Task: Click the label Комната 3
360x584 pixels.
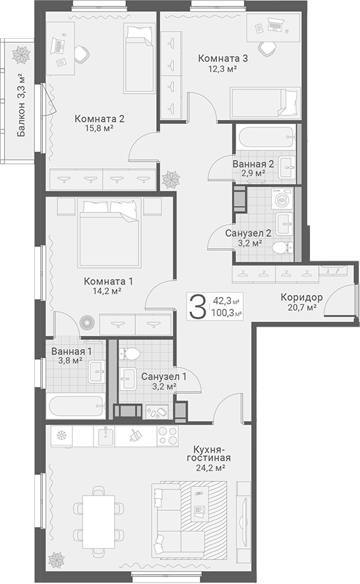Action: pyautogui.click(x=223, y=59)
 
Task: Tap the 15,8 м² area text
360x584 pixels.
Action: pyautogui.click(x=99, y=128)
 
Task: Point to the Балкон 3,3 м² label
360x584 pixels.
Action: pyautogui.click(x=22, y=106)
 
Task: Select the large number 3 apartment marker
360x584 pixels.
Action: pyautogui.click(x=197, y=306)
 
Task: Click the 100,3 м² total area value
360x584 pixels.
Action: pyautogui.click(x=226, y=313)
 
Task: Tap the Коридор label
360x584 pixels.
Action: pyautogui.click(x=301, y=297)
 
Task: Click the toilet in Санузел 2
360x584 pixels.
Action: pyautogui.click(x=283, y=247)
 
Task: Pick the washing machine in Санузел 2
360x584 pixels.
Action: pyautogui.click(x=282, y=199)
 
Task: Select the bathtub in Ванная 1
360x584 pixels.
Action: pyautogui.click(x=76, y=406)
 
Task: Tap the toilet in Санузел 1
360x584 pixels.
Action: pyautogui.click(x=129, y=353)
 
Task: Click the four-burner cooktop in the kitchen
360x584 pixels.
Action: pyautogui.click(x=168, y=436)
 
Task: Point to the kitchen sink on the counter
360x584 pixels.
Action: pyautogui.click(x=106, y=436)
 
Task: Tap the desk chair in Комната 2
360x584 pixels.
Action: pyautogui.click(x=82, y=54)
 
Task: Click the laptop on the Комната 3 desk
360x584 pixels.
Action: pyautogui.click(x=275, y=25)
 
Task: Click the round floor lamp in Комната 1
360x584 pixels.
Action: pyautogui.click(x=88, y=322)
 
